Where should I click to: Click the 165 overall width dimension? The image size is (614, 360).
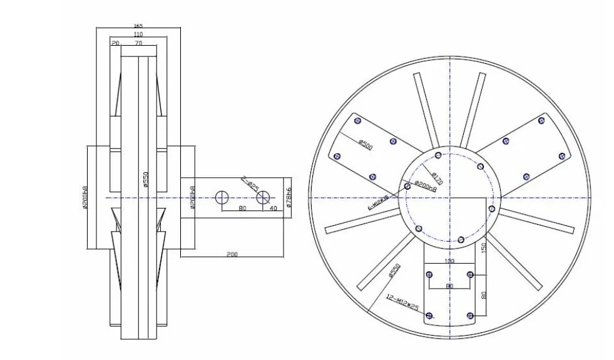pos(138,26)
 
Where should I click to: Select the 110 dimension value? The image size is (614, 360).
pos(138,34)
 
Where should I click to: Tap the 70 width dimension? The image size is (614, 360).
pos(138,44)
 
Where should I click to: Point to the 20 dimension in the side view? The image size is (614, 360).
pos(115,44)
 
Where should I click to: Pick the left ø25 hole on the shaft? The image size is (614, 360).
pos(222,198)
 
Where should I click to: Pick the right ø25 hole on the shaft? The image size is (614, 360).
pos(263,198)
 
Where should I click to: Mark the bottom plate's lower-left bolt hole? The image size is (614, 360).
pos(429,315)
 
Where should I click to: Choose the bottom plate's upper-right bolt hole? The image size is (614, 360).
pos(471,274)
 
